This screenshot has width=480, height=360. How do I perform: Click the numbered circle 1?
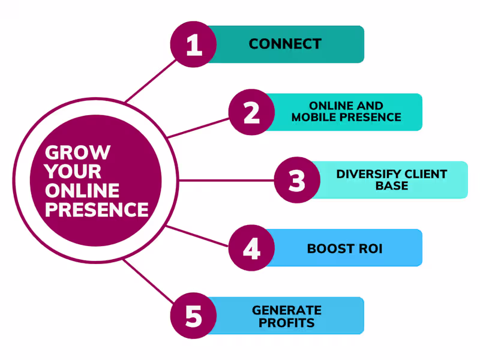point(194,44)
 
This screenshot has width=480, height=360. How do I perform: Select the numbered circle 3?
point(297,180)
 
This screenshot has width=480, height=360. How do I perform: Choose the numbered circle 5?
point(194,316)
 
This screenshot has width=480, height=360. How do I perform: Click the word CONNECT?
point(285,44)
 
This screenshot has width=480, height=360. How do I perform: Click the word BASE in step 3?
point(392,186)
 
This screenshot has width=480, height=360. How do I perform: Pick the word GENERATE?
point(287,310)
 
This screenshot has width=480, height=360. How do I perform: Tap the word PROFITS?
point(287,323)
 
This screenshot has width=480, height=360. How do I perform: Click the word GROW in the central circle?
point(78,152)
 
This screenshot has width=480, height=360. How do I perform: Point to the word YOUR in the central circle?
point(73,171)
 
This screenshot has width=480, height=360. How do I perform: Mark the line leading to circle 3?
point(228,180)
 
